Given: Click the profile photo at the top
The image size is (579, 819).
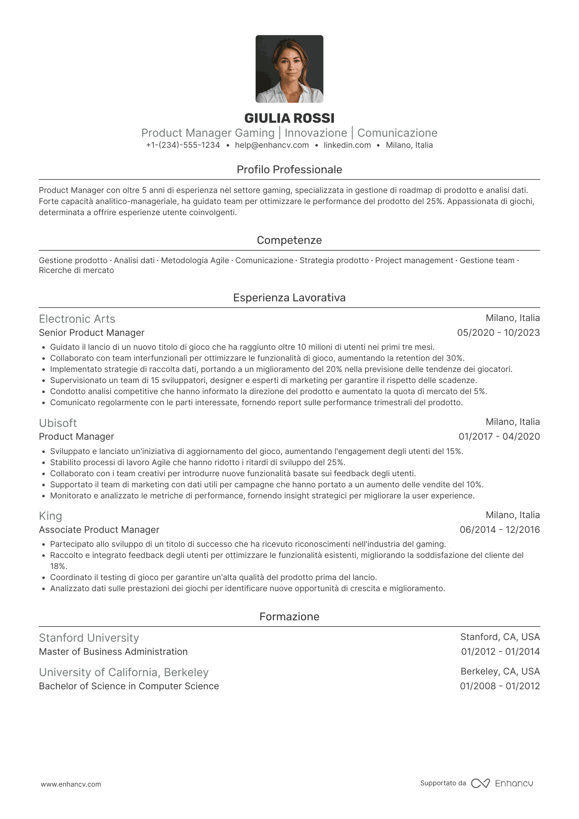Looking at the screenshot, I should pyautogui.click(x=289, y=69).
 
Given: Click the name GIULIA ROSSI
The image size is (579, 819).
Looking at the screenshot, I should pyautogui.click(x=289, y=118).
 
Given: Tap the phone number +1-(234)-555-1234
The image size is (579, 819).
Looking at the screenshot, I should pyautogui.click(x=183, y=145).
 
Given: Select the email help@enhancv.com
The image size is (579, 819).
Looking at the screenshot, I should pyautogui.click(x=272, y=145).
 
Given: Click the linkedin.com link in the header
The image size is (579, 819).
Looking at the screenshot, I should pyautogui.click(x=347, y=145).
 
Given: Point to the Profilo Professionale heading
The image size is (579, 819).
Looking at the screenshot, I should pyautogui.click(x=289, y=170).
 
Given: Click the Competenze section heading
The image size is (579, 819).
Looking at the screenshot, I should pyautogui.click(x=289, y=240).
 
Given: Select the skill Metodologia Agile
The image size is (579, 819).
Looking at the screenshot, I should pyautogui.click(x=195, y=261).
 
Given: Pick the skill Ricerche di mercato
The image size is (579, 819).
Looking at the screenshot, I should pyautogui.click(x=76, y=271).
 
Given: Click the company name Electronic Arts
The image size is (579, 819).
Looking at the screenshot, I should pyautogui.click(x=77, y=319).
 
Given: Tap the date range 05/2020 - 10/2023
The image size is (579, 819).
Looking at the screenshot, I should pyautogui.click(x=499, y=333).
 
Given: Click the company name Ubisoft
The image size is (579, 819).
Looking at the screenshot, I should pyautogui.click(x=58, y=423).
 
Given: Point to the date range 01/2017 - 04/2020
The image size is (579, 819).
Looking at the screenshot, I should pyautogui.click(x=499, y=437).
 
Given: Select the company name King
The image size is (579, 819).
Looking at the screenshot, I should pyautogui.click(x=51, y=516).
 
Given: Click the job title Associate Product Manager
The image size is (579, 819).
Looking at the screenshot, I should pyautogui.click(x=99, y=530).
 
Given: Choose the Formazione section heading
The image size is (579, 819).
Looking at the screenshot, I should pyautogui.click(x=289, y=617).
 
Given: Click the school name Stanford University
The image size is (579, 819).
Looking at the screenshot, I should pyautogui.click(x=89, y=638).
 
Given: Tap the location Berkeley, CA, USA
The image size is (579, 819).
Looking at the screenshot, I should pyautogui.click(x=500, y=672).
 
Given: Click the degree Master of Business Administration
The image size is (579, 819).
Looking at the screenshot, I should pyautogui.click(x=113, y=652).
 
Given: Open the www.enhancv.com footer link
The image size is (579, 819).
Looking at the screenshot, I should pyautogui.click(x=71, y=784).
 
